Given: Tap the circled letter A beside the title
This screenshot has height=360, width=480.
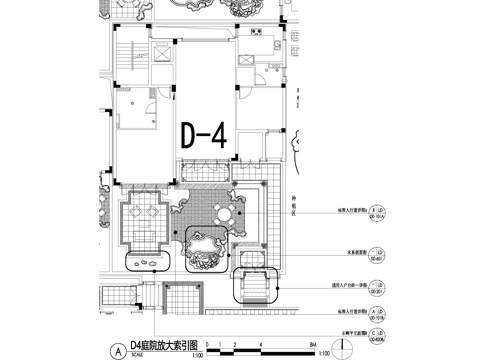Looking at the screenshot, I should click(120, 351).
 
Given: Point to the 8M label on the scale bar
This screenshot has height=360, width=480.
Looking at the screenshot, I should click(313, 345).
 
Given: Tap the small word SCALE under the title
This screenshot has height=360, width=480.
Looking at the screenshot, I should click(135, 354).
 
